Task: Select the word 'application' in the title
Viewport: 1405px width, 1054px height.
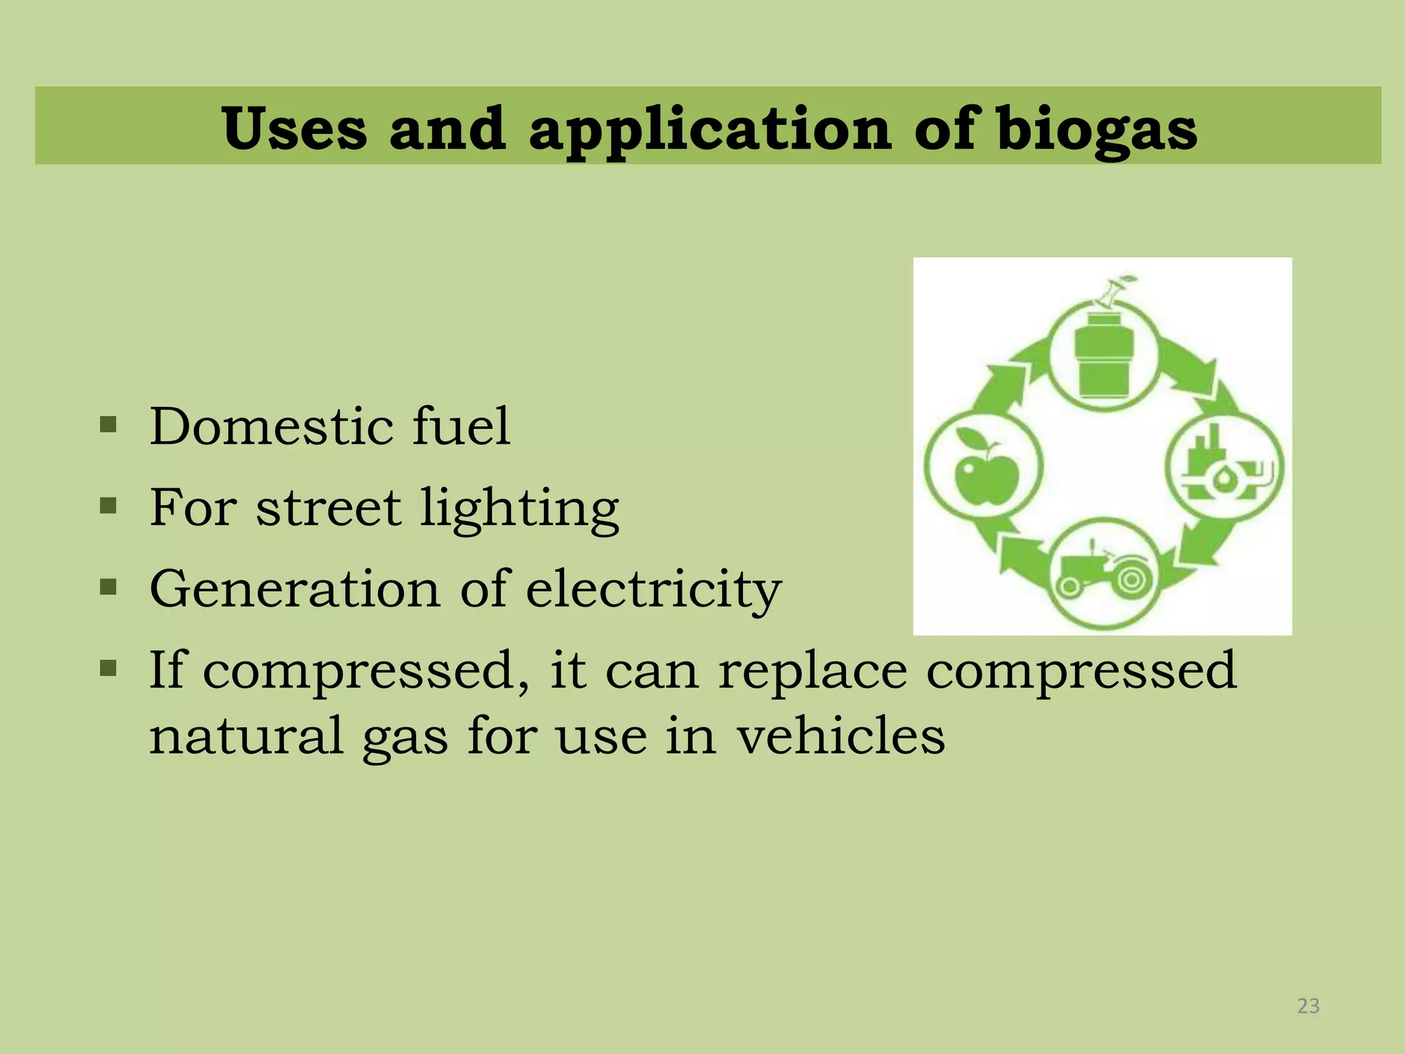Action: click(x=710, y=130)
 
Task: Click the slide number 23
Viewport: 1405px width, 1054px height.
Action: click(x=1308, y=1005)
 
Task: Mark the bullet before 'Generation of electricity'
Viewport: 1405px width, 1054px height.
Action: click(x=108, y=587)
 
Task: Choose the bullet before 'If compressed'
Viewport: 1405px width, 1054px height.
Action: click(x=108, y=668)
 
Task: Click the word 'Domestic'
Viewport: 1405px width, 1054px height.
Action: click(x=272, y=426)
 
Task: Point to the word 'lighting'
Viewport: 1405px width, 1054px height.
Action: click(x=519, y=509)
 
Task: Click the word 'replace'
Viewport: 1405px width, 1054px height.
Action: click(x=813, y=671)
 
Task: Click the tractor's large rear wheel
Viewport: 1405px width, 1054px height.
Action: click(x=1128, y=581)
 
